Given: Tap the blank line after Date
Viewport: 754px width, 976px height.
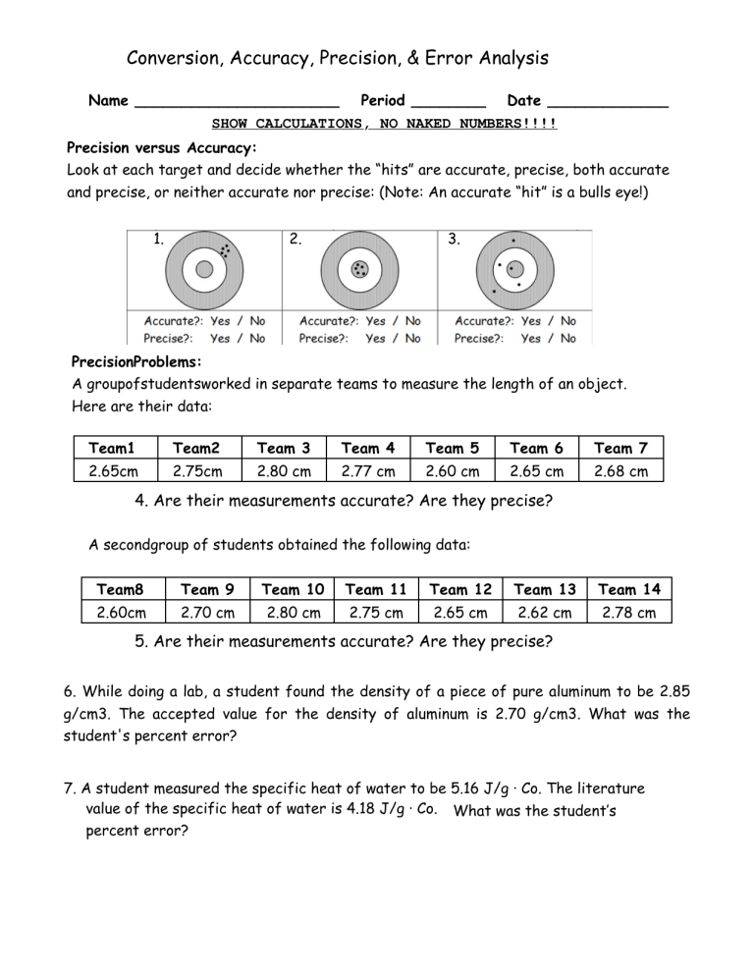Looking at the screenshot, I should pyautogui.click(x=609, y=103).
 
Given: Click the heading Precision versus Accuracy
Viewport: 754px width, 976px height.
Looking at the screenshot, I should pyautogui.click(x=161, y=148).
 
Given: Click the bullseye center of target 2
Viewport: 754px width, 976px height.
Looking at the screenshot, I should pyautogui.click(x=359, y=268).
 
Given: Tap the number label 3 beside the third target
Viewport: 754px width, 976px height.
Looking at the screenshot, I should pyautogui.click(x=453, y=240).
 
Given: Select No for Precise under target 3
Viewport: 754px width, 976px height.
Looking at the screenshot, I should pyautogui.click(x=567, y=338).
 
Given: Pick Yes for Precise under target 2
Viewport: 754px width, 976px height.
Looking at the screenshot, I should pyautogui.click(x=376, y=338).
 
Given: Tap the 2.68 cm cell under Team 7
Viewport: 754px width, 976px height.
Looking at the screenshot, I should pyautogui.click(x=621, y=471).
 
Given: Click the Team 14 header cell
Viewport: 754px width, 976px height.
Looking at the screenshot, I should pyautogui.click(x=630, y=589).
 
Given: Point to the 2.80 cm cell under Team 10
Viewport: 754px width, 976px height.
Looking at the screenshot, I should pyautogui.click(x=293, y=614).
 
